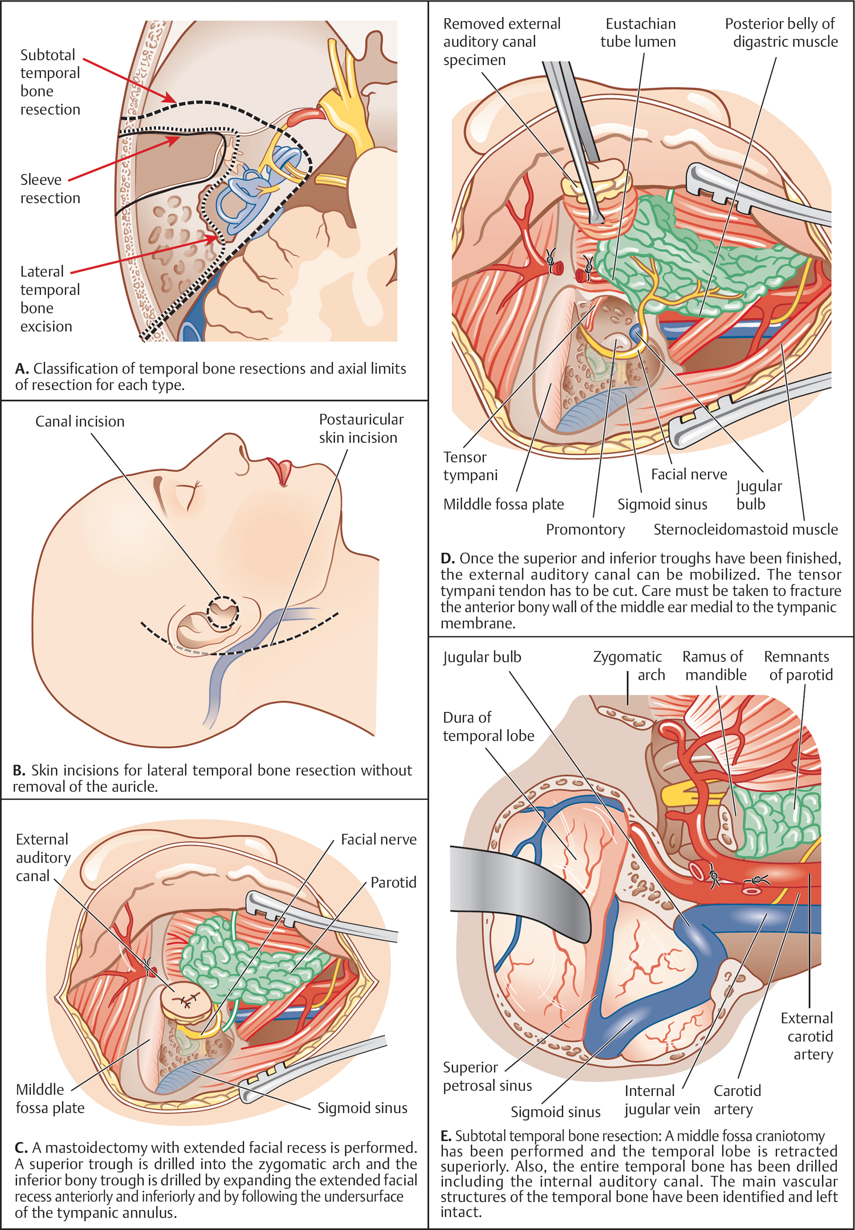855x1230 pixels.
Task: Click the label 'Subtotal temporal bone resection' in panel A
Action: (50, 82)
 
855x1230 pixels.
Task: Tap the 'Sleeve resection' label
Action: (50, 189)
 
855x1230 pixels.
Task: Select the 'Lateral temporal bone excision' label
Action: (50, 299)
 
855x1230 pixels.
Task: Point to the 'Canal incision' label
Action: (80, 421)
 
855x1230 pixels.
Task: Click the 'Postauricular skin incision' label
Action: (361, 428)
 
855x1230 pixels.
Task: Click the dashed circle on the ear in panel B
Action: (222, 612)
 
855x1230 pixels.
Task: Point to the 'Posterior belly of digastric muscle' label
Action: (781, 33)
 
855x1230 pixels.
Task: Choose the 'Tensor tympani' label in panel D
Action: (470, 466)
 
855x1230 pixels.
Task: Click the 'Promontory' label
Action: (585, 530)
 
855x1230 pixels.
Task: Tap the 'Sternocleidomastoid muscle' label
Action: (745, 530)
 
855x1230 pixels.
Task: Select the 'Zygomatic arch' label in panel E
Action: (629, 665)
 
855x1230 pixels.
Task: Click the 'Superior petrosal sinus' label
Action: (487, 1076)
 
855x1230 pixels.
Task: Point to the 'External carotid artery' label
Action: (808, 1036)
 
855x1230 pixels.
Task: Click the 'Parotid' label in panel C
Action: (393, 883)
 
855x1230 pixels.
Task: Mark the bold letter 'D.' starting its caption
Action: (447, 558)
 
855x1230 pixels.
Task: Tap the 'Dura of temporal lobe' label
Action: (488, 726)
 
